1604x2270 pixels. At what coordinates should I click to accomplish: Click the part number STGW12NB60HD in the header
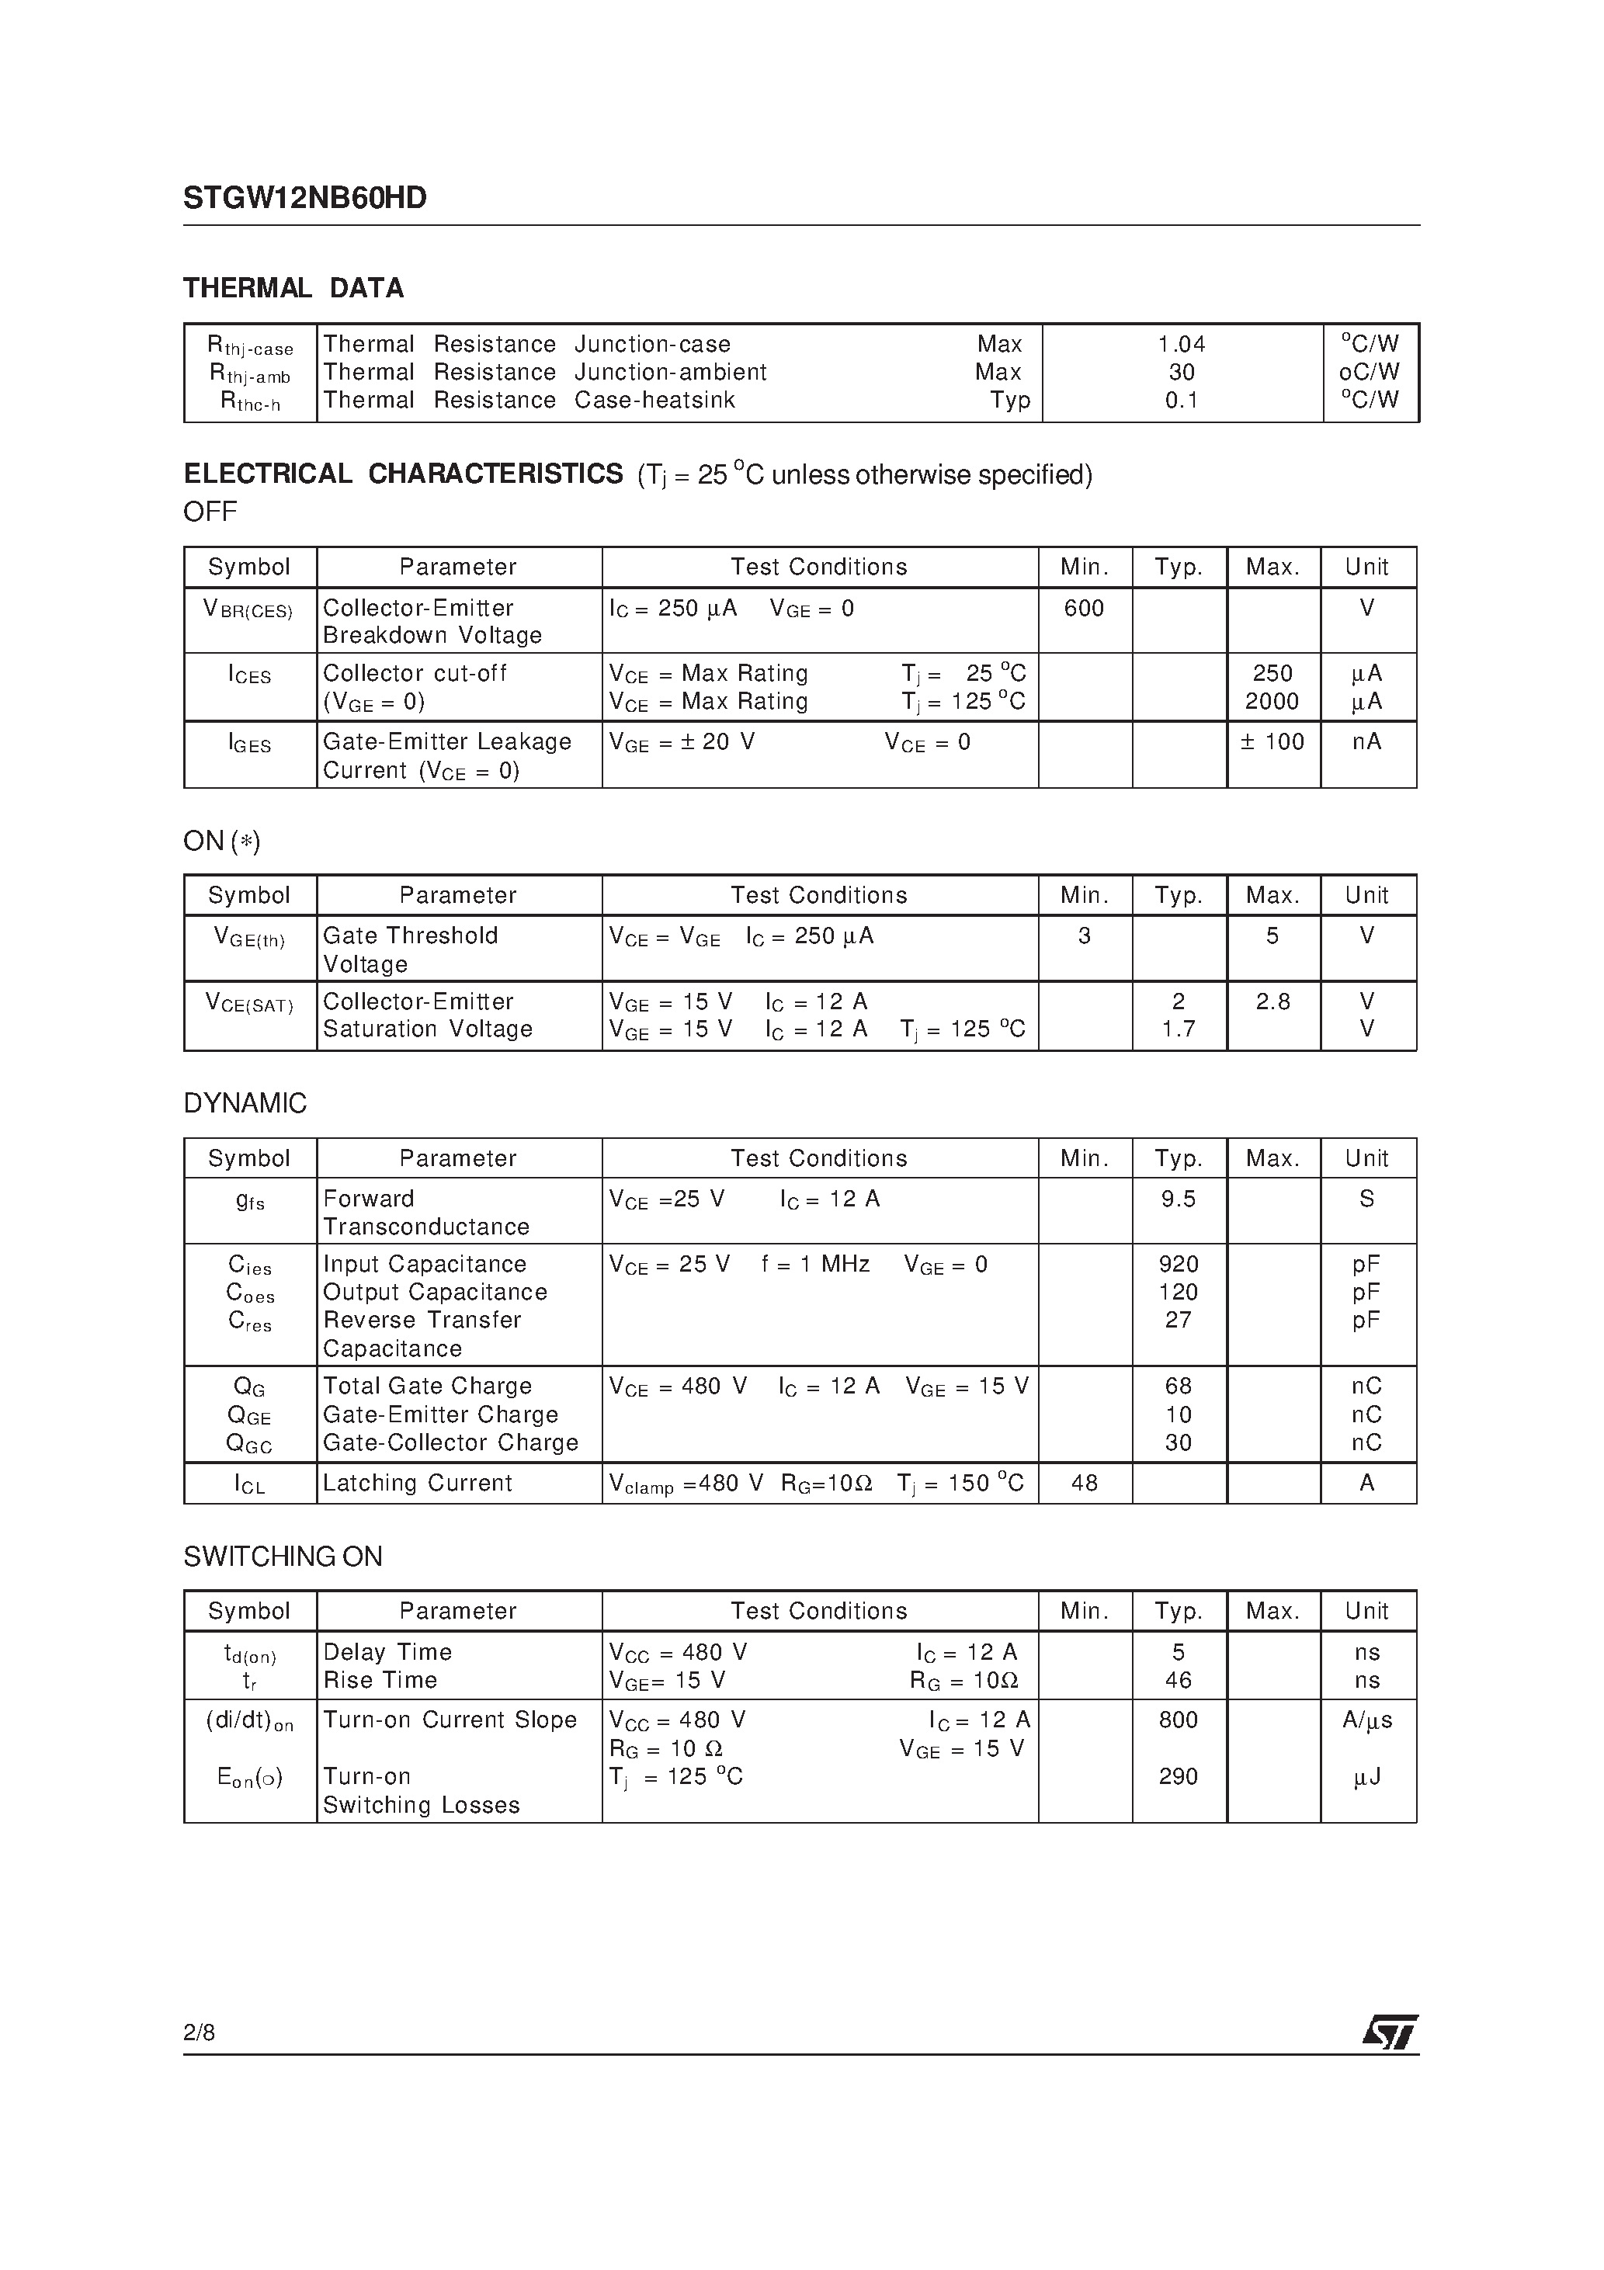[304, 199]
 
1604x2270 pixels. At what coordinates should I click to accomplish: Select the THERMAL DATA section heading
[293, 289]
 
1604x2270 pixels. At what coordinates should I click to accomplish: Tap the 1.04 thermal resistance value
[1182, 344]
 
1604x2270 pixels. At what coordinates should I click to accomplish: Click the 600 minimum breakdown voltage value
[1084, 608]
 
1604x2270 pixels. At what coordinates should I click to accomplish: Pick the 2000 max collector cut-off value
[1272, 701]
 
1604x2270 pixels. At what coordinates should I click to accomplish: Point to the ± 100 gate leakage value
[1272, 741]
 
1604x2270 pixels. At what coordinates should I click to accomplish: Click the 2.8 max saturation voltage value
[1272, 1001]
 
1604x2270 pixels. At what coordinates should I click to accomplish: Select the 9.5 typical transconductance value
[1178, 1199]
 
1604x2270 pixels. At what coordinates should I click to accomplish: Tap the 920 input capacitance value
[1178, 1264]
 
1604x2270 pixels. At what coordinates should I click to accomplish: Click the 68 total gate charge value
[1178, 1385]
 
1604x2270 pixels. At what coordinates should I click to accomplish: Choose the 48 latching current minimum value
[1084, 1482]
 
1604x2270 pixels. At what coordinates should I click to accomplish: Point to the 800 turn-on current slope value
[1178, 1720]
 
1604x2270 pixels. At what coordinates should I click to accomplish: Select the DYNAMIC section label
[245, 1103]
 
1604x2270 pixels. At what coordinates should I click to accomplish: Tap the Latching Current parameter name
[418, 1482]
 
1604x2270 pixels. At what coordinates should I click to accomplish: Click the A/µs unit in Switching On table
[1366, 1720]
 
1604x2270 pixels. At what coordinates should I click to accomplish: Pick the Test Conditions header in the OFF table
[819, 567]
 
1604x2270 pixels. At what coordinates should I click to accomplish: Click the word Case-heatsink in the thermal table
[654, 401]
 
